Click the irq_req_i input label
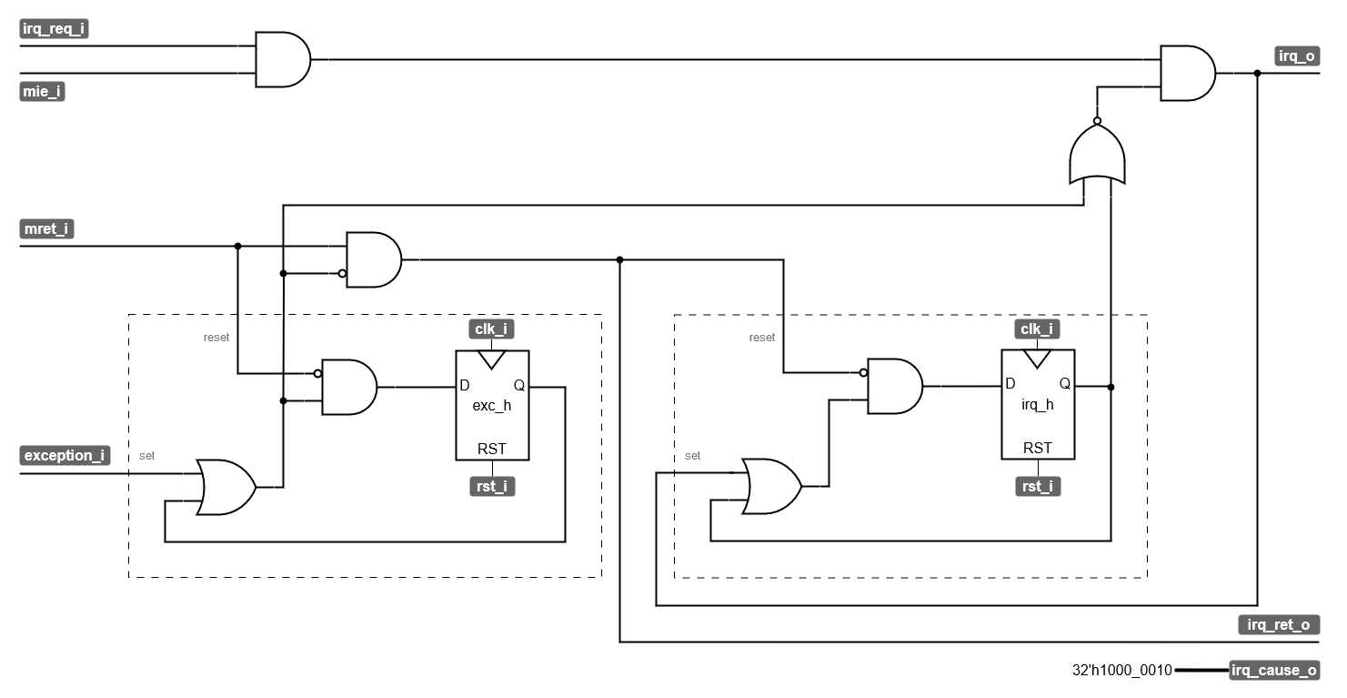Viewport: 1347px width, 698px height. click(55, 29)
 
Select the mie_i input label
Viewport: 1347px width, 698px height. click(43, 92)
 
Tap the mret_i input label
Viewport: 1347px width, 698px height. click(46, 229)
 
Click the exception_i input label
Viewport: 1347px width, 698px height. click(65, 455)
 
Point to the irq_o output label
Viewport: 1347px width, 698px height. click(1296, 56)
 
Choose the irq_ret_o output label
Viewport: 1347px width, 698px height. click(1279, 624)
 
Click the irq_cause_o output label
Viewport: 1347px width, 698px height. click(1273, 671)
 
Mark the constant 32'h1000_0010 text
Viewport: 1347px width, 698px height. click(1122, 671)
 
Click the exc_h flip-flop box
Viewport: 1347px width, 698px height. click(492, 405)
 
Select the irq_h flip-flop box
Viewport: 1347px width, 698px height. click(1037, 405)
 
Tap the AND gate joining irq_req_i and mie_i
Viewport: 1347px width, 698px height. click(282, 60)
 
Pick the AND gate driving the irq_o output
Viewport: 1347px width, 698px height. click(1187, 73)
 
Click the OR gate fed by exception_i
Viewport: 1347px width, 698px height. click(226, 487)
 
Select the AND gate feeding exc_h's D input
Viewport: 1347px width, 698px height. click(349, 387)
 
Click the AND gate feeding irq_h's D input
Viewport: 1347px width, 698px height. click(894, 387)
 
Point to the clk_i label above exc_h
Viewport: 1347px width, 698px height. click(492, 329)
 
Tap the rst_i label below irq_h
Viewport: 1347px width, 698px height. click(1037, 487)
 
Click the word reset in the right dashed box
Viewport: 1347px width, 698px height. click(761, 338)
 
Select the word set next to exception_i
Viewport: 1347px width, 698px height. click(146, 456)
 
